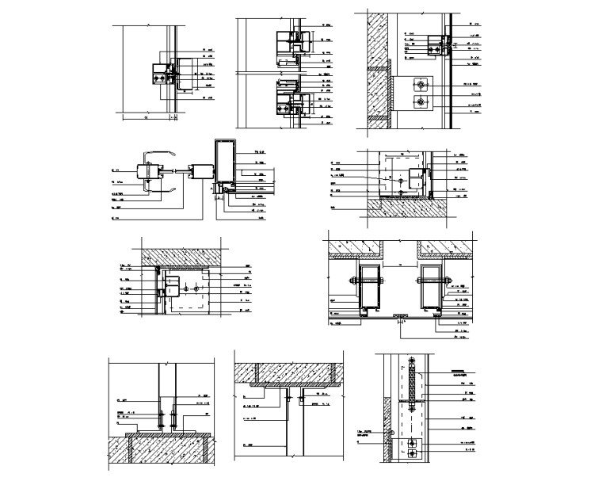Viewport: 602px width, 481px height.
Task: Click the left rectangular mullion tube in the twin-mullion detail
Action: tap(369, 288)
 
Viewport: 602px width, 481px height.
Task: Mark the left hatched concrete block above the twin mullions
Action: tap(356, 246)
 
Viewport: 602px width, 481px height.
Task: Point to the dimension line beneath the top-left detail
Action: tap(150, 116)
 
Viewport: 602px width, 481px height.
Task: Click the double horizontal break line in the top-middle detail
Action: tap(269, 74)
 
